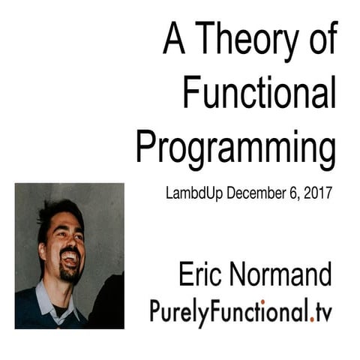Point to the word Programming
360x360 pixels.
coord(235,147)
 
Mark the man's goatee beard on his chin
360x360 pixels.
coord(72,274)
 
